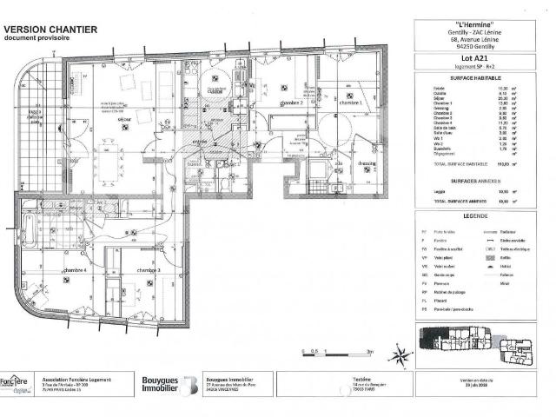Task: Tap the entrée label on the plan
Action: click(x=200, y=140)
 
